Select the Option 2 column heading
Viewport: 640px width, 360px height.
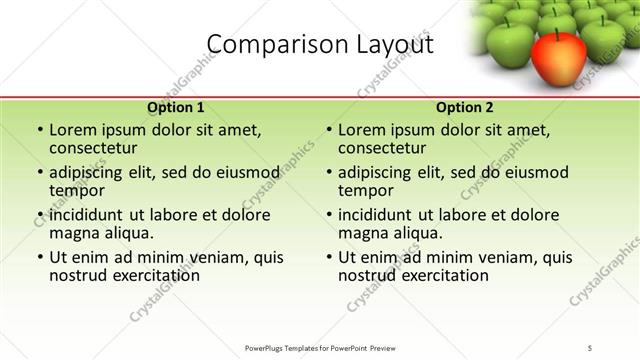465,107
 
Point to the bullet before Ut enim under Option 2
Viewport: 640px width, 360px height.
329,257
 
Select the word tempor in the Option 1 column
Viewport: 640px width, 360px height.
76,191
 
